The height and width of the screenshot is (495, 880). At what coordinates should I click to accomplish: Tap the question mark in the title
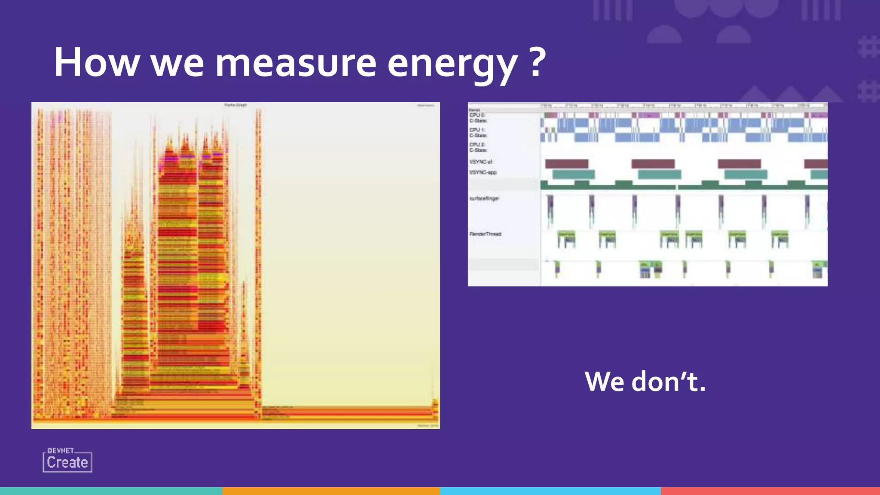pos(537,63)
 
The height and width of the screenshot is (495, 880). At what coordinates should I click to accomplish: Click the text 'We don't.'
pos(645,381)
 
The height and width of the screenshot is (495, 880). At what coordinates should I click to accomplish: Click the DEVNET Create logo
pos(67,460)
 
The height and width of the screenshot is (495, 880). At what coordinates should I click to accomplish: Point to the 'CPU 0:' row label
pos(477,115)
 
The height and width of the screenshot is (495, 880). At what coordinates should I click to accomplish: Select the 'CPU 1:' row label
pos(477,130)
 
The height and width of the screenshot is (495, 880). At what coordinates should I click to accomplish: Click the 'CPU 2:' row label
pos(477,144)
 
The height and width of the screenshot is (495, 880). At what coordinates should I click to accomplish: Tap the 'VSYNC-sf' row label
pos(480,162)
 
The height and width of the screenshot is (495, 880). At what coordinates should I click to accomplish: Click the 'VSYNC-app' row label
pos(483,172)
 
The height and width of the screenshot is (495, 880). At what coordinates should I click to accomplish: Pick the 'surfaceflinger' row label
pos(484,199)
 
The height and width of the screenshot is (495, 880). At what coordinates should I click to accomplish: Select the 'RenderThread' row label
pos(485,234)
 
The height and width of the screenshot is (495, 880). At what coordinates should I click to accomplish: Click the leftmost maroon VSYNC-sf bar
pos(566,164)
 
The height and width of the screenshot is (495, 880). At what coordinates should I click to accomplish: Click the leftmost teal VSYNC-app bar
pos(573,174)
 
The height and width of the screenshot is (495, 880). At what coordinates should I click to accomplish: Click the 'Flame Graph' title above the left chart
pos(235,105)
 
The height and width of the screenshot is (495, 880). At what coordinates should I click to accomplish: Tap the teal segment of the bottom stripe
pos(111,491)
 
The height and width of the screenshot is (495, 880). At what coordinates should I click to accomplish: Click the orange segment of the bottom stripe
pos(331,491)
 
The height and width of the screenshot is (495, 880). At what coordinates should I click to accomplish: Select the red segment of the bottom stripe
pos(770,491)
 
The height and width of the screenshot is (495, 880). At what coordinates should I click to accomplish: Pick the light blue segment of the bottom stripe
pos(550,491)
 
